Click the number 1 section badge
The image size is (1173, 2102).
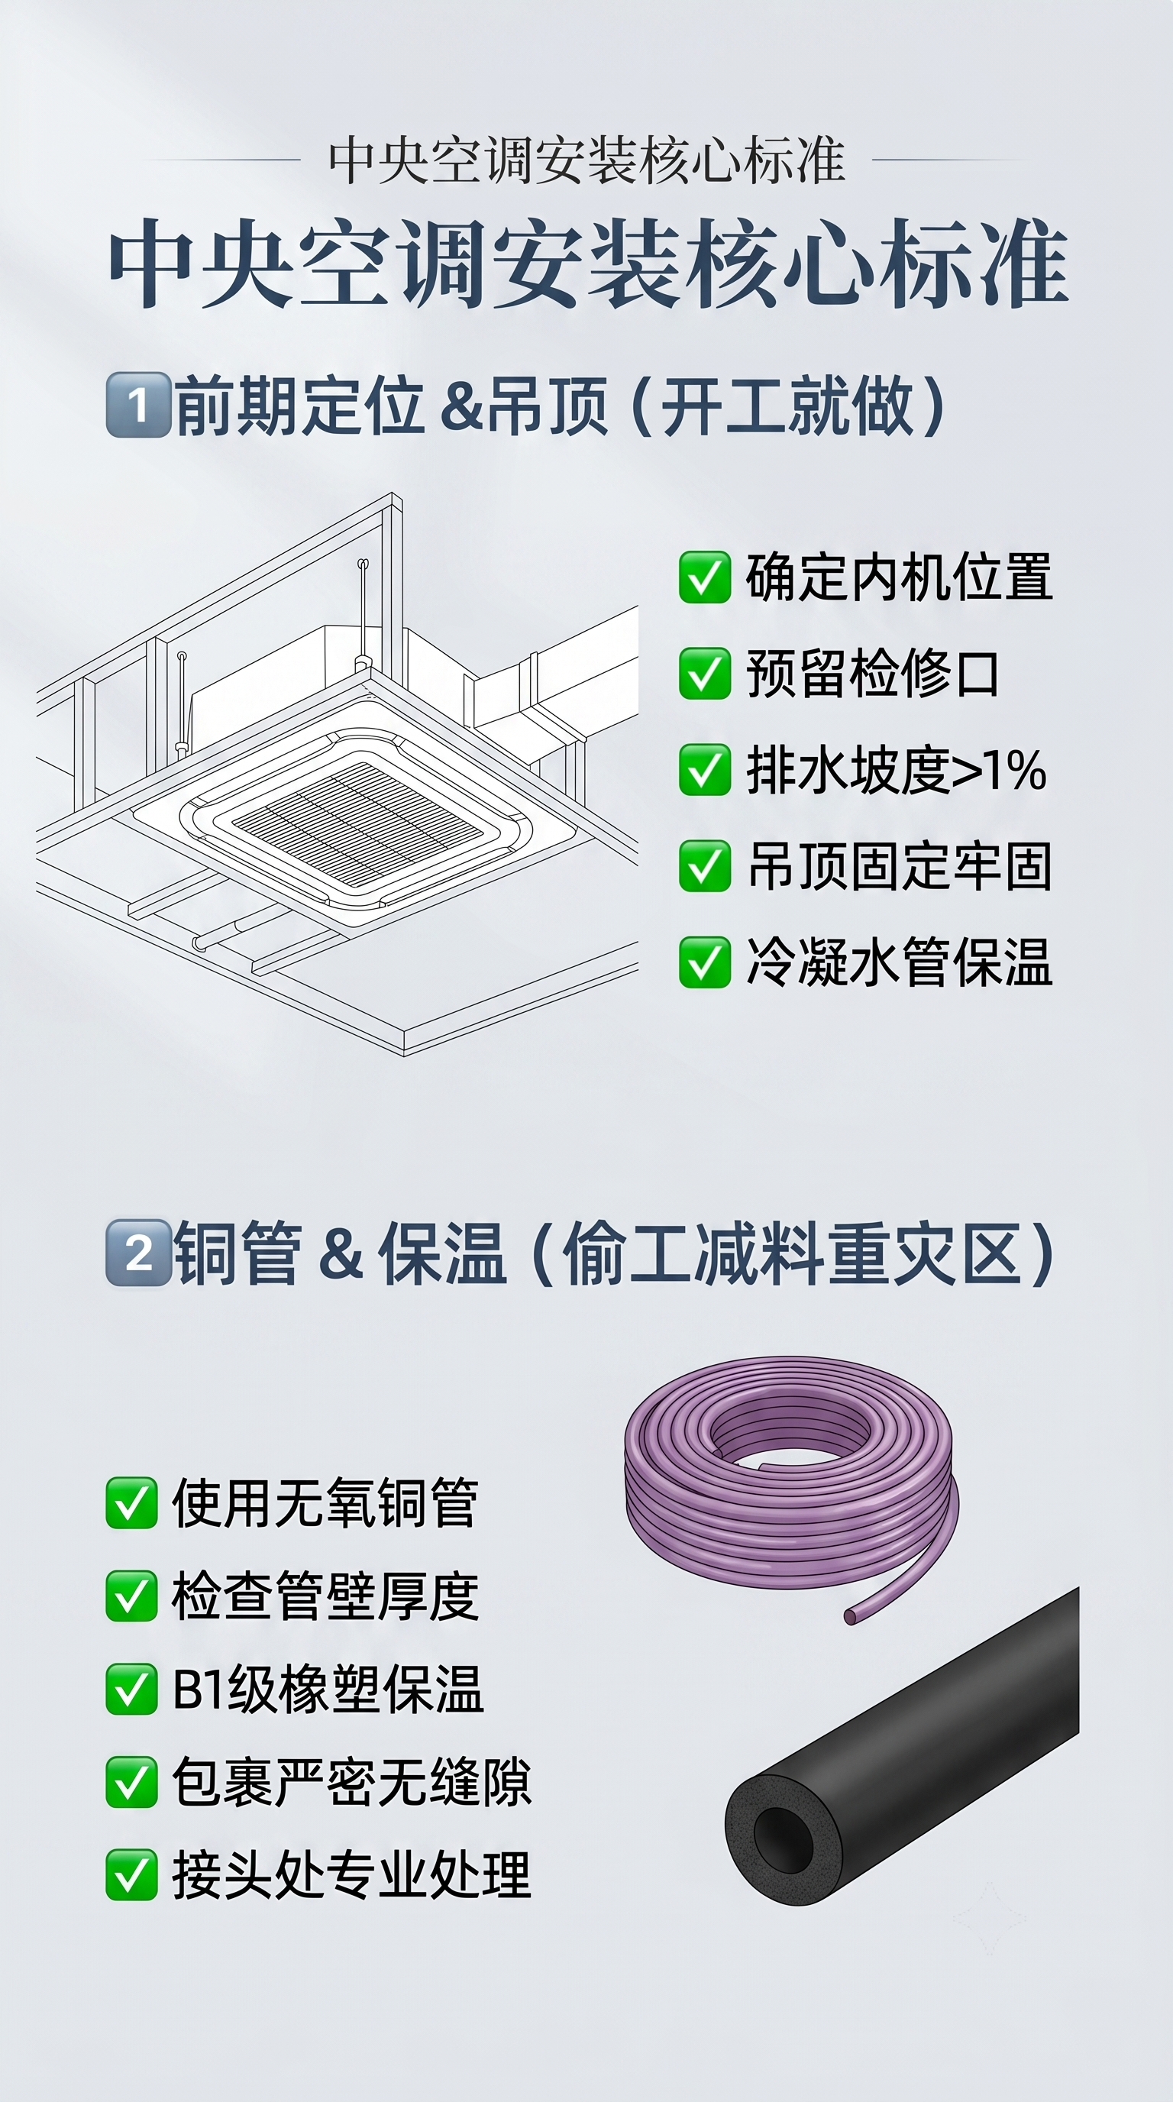point(138,405)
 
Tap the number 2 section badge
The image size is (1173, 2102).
point(138,1253)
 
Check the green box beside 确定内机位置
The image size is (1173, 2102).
point(704,577)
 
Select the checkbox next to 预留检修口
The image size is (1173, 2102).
point(704,673)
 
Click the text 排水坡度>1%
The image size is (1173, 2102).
point(896,769)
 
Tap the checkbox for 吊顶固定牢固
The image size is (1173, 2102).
point(704,865)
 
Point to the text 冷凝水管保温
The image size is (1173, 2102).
point(899,962)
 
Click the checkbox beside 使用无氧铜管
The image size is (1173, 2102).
point(131,1502)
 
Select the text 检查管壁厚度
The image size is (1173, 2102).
point(325,1596)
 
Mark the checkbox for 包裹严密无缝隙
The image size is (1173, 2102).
point(131,1782)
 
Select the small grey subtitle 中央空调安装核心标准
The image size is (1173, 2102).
point(586,160)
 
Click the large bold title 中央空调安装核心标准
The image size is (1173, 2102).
point(588,263)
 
